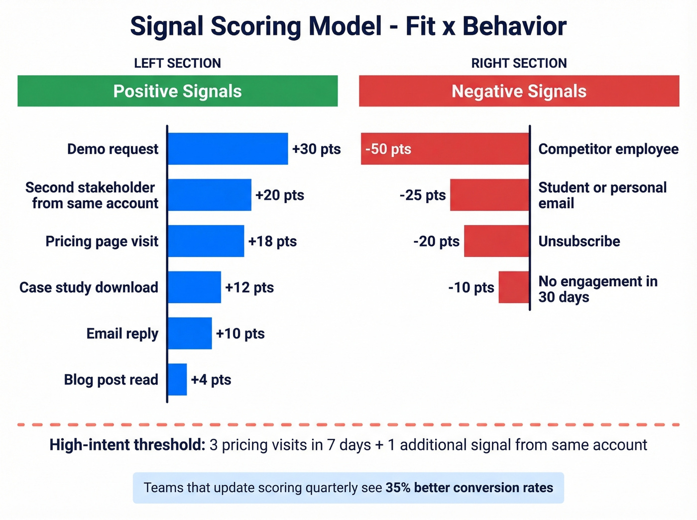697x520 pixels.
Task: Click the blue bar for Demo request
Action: [228, 149]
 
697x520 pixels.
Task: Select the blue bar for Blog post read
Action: [177, 380]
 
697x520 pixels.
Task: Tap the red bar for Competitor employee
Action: [468, 149]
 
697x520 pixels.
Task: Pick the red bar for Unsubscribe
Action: [496, 241]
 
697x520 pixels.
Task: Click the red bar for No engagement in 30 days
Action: [514, 287]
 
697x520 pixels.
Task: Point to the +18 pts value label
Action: [272, 241]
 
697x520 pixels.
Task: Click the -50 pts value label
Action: [388, 149]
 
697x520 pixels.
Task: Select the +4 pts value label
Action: [211, 380]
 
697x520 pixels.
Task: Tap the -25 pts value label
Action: [422, 195]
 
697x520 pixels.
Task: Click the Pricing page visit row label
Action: [102, 241]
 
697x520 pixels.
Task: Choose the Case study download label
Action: [89, 288]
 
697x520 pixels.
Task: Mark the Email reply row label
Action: [122, 333]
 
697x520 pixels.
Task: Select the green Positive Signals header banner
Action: [177, 91]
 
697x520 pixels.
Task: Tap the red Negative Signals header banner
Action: [519, 91]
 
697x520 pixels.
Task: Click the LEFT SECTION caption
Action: [177, 63]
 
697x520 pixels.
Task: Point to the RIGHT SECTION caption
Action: [519, 63]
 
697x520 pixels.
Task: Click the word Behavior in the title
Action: [514, 26]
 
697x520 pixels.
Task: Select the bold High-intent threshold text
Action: [127, 445]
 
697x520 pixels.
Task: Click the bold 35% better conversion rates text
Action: [469, 488]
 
